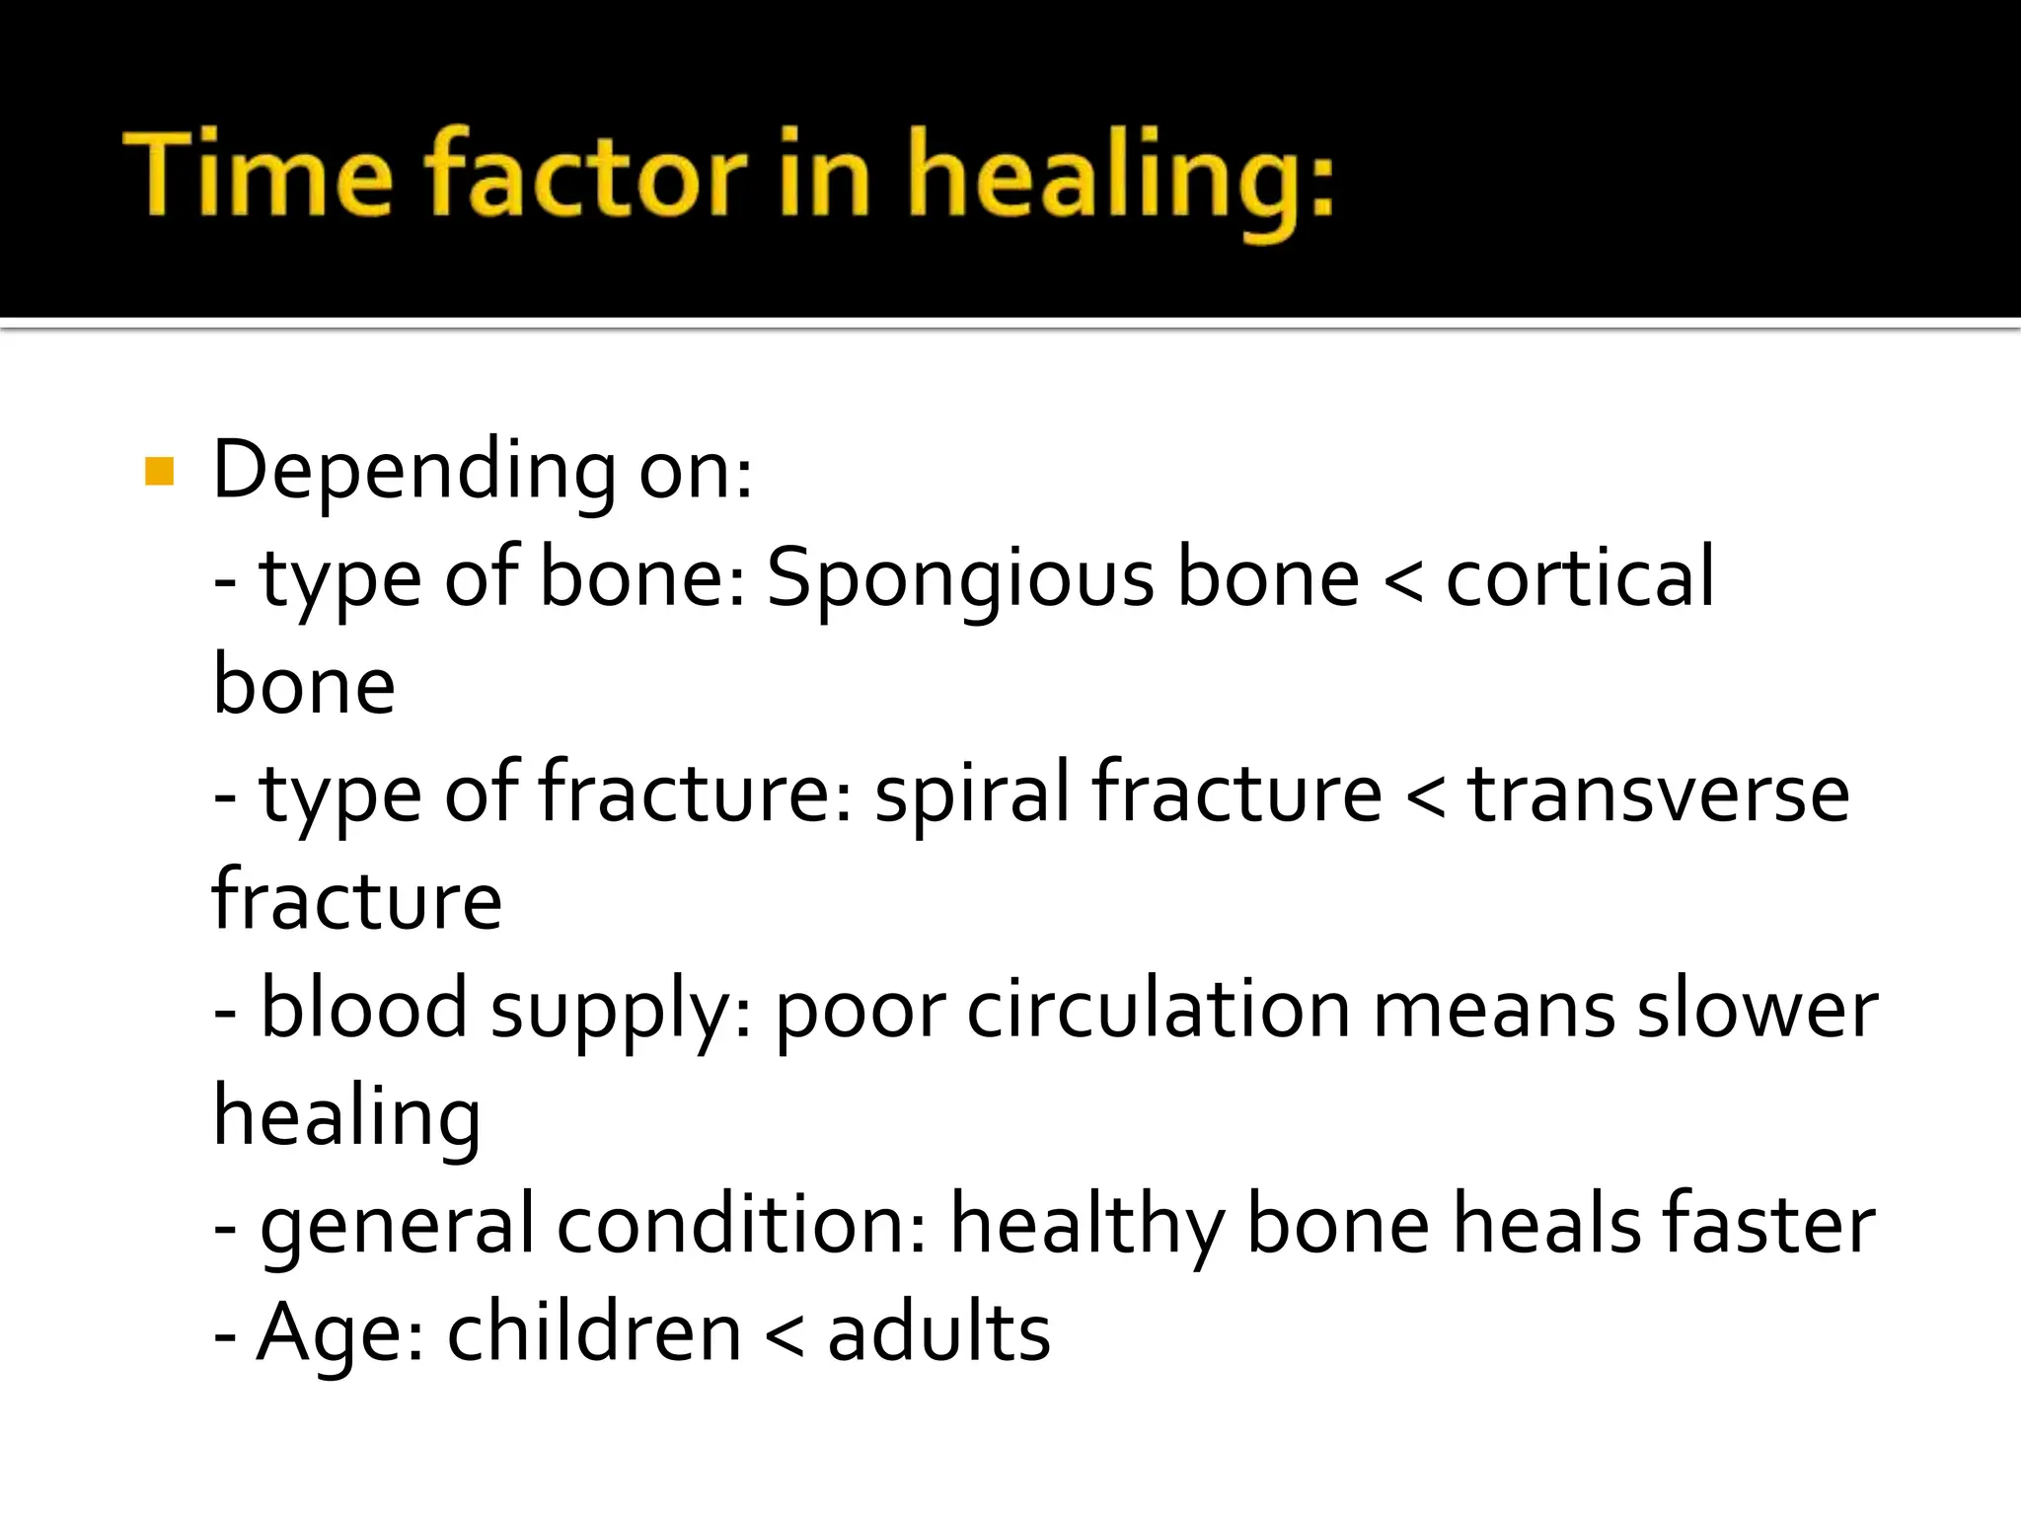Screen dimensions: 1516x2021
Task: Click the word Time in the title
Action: tap(259, 175)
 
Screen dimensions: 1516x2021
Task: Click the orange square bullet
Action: tap(159, 472)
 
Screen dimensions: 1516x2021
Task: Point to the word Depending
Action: tap(414, 472)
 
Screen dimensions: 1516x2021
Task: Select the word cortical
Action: tap(1580, 578)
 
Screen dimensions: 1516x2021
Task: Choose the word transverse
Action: tap(1659, 794)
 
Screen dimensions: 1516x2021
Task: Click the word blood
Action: tap(363, 1009)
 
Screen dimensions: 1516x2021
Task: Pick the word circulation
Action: tap(1158, 1009)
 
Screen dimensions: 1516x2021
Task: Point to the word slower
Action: tap(1758, 1009)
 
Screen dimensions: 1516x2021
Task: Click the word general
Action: tap(397, 1227)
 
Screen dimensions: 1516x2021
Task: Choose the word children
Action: tap(594, 1332)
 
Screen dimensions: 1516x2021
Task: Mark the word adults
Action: tap(938, 1332)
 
